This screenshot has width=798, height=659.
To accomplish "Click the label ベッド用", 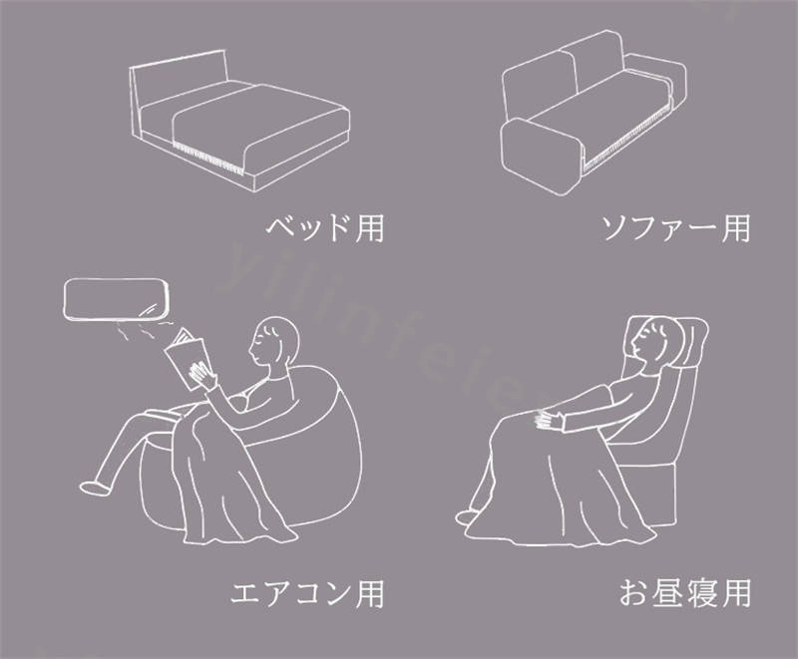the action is click(325, 228).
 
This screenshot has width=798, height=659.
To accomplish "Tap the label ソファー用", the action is click(676, 228).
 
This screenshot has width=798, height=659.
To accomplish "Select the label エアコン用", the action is click(307, 593).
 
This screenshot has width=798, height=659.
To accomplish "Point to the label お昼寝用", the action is click(685, 593).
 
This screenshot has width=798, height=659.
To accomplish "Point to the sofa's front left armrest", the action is click(540, 157).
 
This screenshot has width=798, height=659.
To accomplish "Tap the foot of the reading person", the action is click(94, 487).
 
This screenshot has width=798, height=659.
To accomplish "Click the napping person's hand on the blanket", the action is click(549, 421).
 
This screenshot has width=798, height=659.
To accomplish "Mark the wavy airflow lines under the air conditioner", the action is click(142, 328).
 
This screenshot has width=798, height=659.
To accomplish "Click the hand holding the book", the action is click(202, 376).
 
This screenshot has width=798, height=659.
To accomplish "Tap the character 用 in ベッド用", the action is click(369, 228).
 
